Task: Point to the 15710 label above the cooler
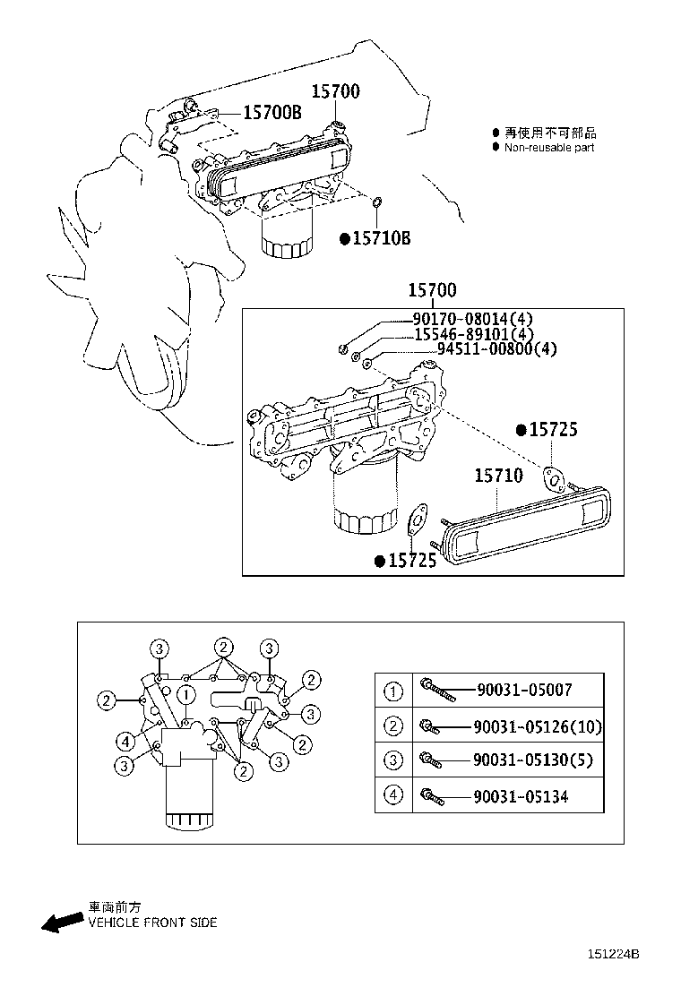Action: click(498, 476)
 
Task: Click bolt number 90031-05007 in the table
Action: click(523, 690)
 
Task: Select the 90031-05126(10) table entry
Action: click(538, 726)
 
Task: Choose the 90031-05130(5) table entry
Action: click(532, 761)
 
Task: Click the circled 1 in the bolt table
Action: click(393, 691)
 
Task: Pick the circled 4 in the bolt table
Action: click(393, 795)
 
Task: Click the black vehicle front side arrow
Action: click(61, 923)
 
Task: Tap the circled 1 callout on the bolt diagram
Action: click(185, 693)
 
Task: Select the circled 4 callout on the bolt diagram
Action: click(125, 740)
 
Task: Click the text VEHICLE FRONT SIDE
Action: click(152, 923)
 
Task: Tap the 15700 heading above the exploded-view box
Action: click(432, 289)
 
